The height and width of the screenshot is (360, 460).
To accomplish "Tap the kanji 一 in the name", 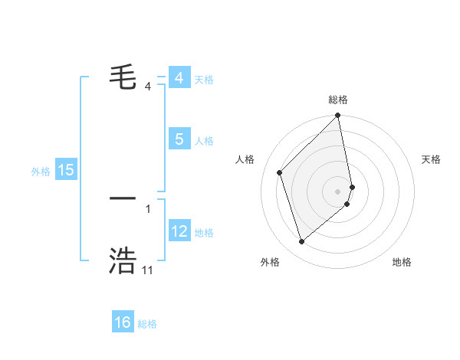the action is tap(123, 198).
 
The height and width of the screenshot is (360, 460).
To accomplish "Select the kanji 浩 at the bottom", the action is tap(123, 260).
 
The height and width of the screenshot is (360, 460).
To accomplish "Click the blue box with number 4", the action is tap(179, 78).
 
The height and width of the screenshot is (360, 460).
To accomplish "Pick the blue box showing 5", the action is tap(179, 139).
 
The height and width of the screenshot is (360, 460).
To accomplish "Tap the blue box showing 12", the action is tap(179, 231).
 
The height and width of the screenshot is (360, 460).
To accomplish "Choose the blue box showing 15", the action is tap(66, 170).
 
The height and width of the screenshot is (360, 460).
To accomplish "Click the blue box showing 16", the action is tap(123, 322).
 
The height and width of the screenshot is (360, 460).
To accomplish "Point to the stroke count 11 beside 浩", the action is tap(147, 270).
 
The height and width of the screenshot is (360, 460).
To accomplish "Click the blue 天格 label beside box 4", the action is tap(204, 80).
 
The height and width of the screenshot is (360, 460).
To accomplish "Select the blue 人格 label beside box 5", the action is tap(204, 141).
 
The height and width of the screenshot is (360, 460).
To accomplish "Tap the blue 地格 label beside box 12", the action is tap(204, 233).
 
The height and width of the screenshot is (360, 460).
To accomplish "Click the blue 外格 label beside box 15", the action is tap(41, 172).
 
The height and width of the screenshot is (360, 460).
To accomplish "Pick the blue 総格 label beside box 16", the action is tap(147, 324).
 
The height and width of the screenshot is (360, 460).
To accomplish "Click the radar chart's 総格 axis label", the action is tap(338, 100).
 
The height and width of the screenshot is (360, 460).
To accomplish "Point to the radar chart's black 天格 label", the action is tap(431, 159).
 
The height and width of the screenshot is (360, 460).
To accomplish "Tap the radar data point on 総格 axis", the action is tap(338, 116).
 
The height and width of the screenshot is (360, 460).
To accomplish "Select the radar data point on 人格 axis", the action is tap(280, 172).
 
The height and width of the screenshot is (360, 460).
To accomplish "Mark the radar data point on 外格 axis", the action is tap(302, 242).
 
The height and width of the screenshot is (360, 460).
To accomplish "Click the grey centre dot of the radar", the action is tap(338, 191).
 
